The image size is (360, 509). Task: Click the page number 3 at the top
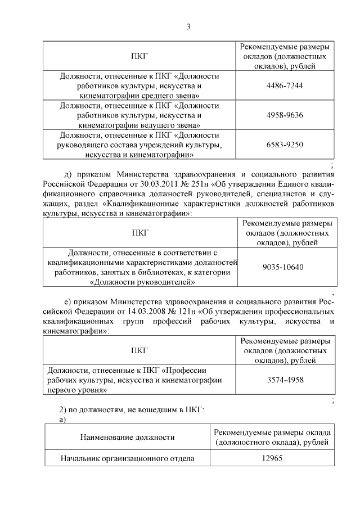coord(188,26)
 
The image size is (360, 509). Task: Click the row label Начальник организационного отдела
coord(127,458)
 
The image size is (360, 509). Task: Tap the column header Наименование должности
coord(127,436)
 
